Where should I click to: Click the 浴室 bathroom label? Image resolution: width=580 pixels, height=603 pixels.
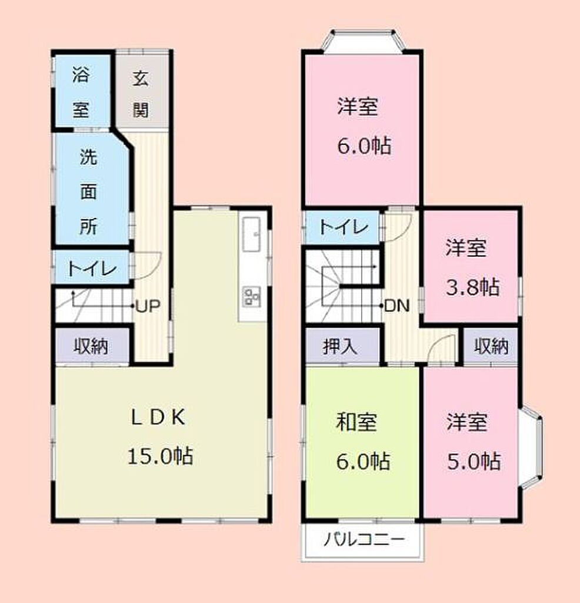pos(81,91)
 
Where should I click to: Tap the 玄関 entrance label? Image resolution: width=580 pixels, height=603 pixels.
pos(141,94)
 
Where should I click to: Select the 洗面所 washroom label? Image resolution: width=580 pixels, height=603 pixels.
pos(88,191)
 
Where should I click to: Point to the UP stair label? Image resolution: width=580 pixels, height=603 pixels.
pos(148,306)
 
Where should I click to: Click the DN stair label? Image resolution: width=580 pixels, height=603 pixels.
pos(397,306)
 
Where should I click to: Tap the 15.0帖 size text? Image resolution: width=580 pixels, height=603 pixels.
pos(160,456)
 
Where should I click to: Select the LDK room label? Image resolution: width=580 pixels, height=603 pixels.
pos(158,418)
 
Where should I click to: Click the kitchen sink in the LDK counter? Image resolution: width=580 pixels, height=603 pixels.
pos(252,234)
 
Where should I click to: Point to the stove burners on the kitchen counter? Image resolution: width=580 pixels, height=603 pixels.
pos(252,297)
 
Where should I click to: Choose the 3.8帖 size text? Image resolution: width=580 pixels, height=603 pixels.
pos(473,287)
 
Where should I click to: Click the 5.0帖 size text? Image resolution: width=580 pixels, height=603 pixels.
pos(474,460)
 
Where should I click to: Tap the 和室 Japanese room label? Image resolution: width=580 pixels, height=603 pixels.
pos(356,422)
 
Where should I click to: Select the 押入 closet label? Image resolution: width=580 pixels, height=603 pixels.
pos(341,347)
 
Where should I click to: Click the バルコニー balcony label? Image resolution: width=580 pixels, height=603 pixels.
pos(364,539)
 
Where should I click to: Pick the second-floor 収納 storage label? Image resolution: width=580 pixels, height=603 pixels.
pos(491,346)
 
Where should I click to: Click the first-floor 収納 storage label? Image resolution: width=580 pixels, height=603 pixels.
pos(91,346)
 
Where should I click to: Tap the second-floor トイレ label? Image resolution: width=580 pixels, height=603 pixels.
pos(343,227)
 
